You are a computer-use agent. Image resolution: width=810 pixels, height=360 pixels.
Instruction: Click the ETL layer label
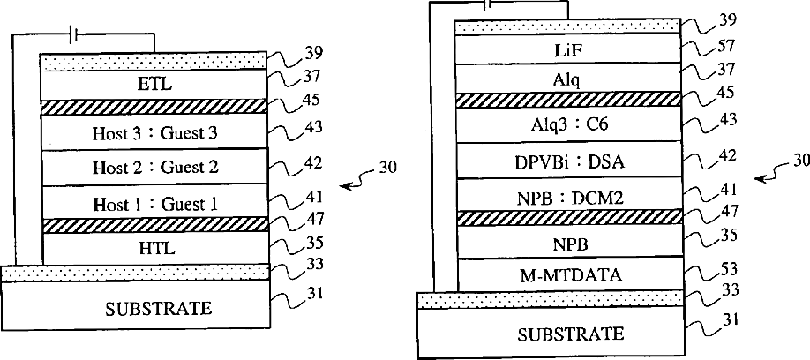coord(154,86)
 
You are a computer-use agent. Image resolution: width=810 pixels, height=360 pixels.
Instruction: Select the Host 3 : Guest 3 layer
coord(154,133)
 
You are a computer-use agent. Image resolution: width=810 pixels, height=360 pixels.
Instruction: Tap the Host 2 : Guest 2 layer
coord(154,167)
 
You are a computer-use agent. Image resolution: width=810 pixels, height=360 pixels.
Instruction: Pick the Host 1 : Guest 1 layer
coord(154,203)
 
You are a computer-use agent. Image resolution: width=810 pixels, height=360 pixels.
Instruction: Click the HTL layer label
coord(154,248)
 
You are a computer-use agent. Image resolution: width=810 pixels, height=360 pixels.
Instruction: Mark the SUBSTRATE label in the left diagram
coord(158,308)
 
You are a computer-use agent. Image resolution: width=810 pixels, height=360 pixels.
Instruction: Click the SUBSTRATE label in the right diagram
coord(569,334)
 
